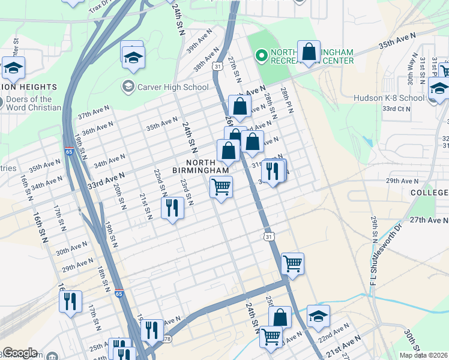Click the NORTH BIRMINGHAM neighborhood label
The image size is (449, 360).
[x=207, y=167]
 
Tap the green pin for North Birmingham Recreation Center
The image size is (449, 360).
[x=261, y=56]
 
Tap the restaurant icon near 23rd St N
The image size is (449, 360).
[x=172, y=208]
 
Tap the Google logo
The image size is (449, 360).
[x=20, y=353]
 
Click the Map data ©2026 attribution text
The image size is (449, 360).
[x=423, y=355]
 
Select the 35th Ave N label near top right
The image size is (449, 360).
[x=397, y=41]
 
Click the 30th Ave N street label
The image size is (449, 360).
[x=71, y=248]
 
